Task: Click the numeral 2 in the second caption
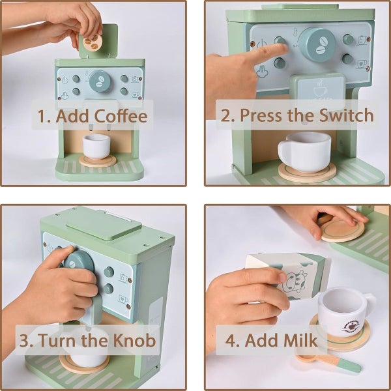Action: [x=226, y=116]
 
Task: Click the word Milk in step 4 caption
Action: [x=300, y=340]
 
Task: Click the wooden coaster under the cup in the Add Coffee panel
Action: [x=98, y=161]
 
